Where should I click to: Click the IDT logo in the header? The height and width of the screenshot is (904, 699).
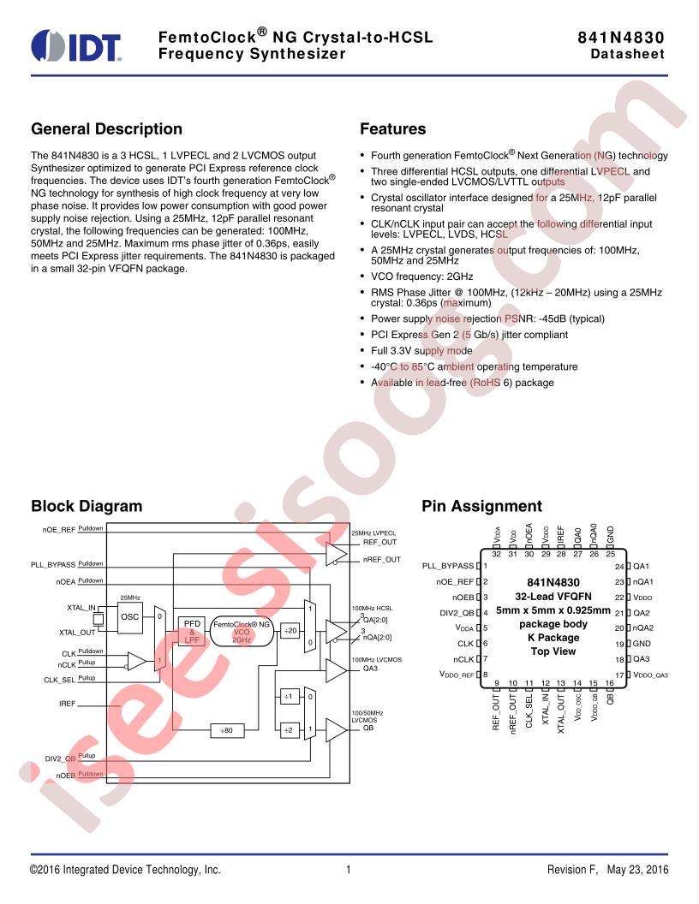click(76, 46)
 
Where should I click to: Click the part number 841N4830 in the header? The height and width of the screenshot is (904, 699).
click(620, 38)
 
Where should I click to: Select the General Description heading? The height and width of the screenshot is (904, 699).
click(107, 128)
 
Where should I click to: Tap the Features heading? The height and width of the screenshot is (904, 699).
click(392, 128)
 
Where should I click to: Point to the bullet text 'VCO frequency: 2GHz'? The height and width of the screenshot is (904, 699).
click(421, 277)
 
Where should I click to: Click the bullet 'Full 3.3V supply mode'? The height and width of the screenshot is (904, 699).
click(421, 350)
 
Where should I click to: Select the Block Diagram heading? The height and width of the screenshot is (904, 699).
click(87, 506)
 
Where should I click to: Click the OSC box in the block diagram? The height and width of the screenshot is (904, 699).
click(129, 616)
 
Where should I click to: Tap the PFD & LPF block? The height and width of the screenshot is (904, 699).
click(192, 631)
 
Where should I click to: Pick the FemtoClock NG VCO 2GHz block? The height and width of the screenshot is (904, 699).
click(241, 631)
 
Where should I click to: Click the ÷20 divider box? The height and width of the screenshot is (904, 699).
click(290, 631)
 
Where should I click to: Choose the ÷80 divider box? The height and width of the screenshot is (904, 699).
click(227, 730)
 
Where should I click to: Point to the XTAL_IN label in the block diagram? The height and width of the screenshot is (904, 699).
click(81, 608)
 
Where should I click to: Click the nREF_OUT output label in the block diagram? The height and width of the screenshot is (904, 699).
click(381, 559)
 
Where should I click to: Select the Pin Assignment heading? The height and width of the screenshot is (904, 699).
click(481, 506)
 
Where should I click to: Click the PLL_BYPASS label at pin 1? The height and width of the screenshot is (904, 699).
click(447, 566)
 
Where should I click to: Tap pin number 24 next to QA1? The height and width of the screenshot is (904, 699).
click(619, 566)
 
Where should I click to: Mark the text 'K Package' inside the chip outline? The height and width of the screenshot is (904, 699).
click(553, 638)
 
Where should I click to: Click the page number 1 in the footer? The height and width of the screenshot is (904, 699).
click(349, 870)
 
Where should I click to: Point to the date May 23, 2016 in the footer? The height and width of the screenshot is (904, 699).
click(637, 870)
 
